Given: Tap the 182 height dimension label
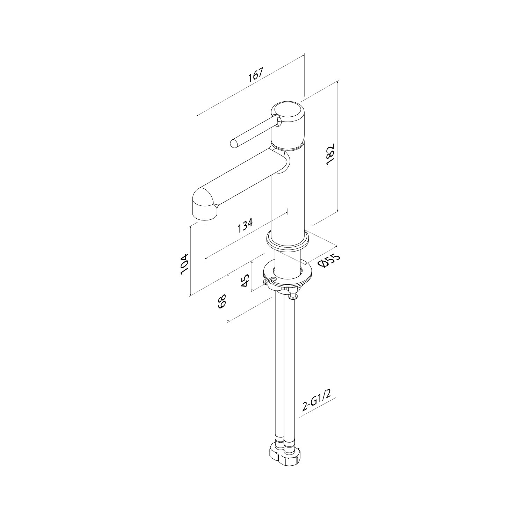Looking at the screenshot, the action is pyautogui.click(x=330, y=154).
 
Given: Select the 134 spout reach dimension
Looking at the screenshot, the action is pyautogui.click(x=245, y=226).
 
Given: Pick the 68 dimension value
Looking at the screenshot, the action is pyautogui.click(x=222, y=301).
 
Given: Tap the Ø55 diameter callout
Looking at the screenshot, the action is pyautogui.click(x=329, y=261).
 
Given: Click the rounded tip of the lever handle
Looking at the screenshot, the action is pyautogui.click(x=234, y=143).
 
